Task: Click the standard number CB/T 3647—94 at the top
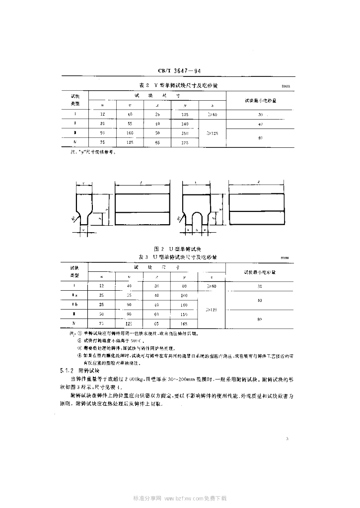pos(180,71)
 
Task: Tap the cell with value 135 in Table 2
pos(185,114)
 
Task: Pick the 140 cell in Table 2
pos(185,124)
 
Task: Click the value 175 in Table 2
pos(185,143)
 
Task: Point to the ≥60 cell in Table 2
pos(212,114)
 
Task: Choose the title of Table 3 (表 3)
pos(178,256)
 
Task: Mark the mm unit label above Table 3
pos(285,258)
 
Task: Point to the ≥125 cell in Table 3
pos(212,310)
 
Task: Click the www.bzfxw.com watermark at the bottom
pos(180,498)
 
